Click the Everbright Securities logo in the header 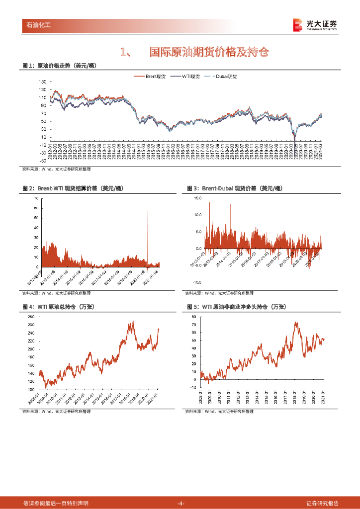click(315, 25)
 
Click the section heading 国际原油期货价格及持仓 click(209, 52)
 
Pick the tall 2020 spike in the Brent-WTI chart click(148, 234)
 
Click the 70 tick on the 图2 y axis click(36, 198)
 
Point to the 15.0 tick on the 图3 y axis click(197, 198)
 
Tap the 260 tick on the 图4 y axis click(31, 317)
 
